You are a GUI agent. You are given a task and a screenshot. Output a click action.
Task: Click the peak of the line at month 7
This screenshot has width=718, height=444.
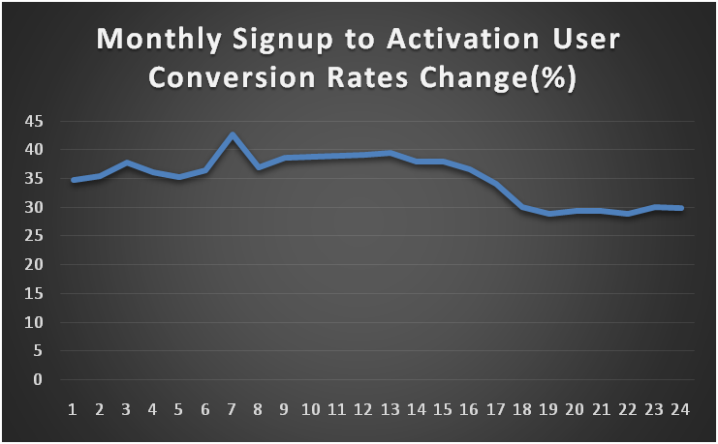point(233,135)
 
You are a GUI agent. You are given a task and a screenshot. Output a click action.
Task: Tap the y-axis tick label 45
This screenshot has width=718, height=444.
point(35,121)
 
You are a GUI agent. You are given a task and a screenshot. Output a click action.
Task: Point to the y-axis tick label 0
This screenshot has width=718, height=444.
point(39,380)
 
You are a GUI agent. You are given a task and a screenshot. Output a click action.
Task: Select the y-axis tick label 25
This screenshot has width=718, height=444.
point(35,236)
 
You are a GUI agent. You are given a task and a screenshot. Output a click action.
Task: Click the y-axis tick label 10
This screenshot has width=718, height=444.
point(35,322)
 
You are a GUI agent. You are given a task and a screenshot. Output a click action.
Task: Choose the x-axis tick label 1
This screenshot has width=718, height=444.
point(73,409)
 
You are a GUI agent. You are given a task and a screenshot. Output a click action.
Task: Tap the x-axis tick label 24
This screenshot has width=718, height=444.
point(680,409)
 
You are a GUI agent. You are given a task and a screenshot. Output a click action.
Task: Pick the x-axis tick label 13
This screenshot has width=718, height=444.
point(390,409)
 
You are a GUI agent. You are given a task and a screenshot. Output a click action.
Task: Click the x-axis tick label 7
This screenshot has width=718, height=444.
point(232,409)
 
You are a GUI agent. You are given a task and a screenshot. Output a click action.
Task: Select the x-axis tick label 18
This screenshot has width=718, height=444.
point(521,409)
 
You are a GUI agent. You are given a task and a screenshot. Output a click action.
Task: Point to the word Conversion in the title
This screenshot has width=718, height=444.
point(223,79)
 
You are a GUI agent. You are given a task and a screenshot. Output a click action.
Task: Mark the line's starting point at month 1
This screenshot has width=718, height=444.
point(74,180)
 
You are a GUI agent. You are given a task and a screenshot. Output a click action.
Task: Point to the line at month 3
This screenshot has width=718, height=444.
point(127,163)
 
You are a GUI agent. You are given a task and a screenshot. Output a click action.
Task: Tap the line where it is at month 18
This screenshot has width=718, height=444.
point(522,207)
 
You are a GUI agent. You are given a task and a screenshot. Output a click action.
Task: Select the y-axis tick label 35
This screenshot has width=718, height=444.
point(35,179)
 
